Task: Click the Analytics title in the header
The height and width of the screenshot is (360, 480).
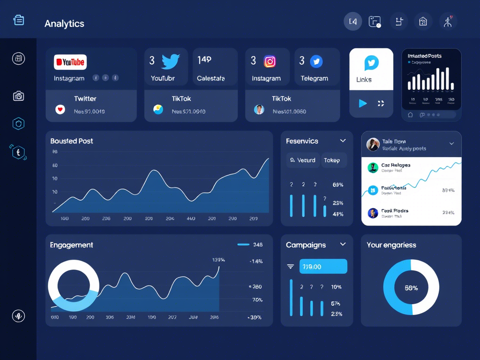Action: click(x=64, y=23)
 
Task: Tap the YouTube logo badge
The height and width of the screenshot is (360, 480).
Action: click(x=70, y=62)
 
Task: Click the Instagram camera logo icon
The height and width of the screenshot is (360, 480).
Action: click(x=270, y=61)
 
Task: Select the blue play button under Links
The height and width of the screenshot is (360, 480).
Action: click(x=362, y=103)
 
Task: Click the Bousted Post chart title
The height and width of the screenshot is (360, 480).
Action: click(x=72, y=141)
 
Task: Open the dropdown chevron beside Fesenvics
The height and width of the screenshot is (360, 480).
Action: click(x=343, y=141)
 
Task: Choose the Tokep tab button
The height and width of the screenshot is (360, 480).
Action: click(x=332, y=160)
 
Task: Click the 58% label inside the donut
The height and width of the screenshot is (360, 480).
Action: click(x=411, y=288)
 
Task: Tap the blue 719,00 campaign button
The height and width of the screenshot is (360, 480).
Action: click(x=323, y=266)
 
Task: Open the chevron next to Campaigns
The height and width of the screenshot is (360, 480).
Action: click(x=343, y=244)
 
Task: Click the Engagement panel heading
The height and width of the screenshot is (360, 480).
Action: click(x=71, y=245)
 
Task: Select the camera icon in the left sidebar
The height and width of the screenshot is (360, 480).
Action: click(x=18, y=96)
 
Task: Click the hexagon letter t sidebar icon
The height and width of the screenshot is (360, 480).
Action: click(x=18, y=152)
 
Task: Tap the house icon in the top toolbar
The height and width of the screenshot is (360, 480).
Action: click(x=423, y=21)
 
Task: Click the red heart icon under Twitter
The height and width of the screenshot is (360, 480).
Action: click(x=60, y=110)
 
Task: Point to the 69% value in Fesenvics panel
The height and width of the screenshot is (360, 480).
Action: click(x=337, y=185)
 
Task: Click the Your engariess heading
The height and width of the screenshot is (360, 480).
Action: click(x=391, y=245)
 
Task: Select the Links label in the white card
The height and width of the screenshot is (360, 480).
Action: click(x=364, y=80)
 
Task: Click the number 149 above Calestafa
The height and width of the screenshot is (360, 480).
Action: click(x=204, y=60)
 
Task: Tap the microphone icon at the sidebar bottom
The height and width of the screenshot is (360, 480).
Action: click(x=18, y=316)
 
